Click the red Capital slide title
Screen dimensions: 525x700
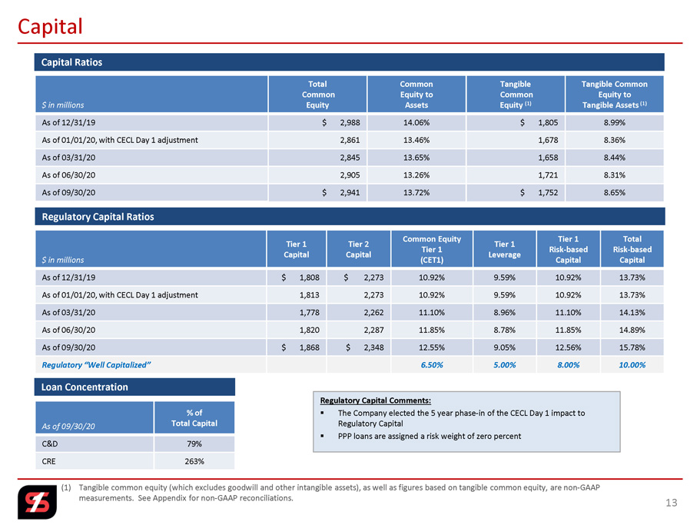(51, 27)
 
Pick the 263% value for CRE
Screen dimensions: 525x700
(193, 461)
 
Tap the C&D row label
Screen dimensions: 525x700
(50, 444)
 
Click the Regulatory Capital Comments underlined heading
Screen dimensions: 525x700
(375, 400)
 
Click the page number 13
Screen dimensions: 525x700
(672, 503)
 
